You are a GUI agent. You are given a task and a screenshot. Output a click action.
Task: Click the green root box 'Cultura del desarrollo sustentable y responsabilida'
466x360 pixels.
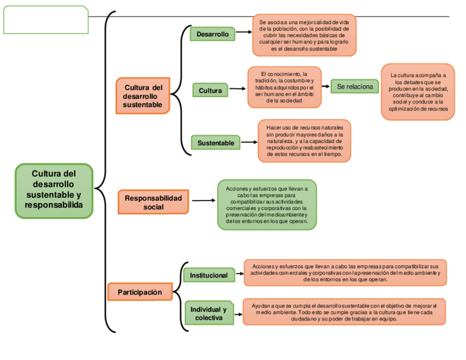[x=54, y=190]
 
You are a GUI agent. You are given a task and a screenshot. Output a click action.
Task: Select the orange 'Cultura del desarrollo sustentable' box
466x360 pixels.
[x=142, y=96]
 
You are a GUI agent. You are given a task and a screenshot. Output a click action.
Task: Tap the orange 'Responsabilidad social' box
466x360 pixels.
[x=153, y=202]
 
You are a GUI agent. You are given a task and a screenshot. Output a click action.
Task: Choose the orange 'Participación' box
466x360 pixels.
[x=140, y=292]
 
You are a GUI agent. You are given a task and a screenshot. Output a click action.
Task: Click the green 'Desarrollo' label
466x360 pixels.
[x=213, y=34]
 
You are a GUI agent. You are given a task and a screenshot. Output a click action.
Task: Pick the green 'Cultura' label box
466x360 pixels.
[x=210, y=90]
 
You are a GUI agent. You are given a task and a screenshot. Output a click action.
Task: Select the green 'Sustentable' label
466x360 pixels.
[x=215, y=143]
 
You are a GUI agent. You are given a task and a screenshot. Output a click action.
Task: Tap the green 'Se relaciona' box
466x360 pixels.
[x=354, y=86]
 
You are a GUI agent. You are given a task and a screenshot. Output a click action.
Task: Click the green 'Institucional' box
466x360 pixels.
[x=208, y=275]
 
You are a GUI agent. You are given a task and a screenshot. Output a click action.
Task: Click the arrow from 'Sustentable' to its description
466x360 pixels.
[x=249, y=142]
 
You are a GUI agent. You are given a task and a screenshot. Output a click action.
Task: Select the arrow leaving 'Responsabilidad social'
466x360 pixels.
[x=203, y=201]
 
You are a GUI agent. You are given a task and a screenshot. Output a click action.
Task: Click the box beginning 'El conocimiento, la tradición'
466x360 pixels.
[x=284, y=87]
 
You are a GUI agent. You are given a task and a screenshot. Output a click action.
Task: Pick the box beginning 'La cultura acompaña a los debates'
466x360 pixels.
[x=418, y=92]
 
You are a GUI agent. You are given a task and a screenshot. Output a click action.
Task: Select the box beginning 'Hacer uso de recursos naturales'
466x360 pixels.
[x=304, y=141]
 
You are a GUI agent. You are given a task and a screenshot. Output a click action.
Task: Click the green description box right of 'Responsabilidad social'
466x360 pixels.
[x=267, y=204]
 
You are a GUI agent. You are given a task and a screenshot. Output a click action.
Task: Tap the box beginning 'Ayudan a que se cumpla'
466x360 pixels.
[x=344, y=312]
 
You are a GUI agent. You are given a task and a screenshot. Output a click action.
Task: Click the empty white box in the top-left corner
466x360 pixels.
[x=46, y=20]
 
